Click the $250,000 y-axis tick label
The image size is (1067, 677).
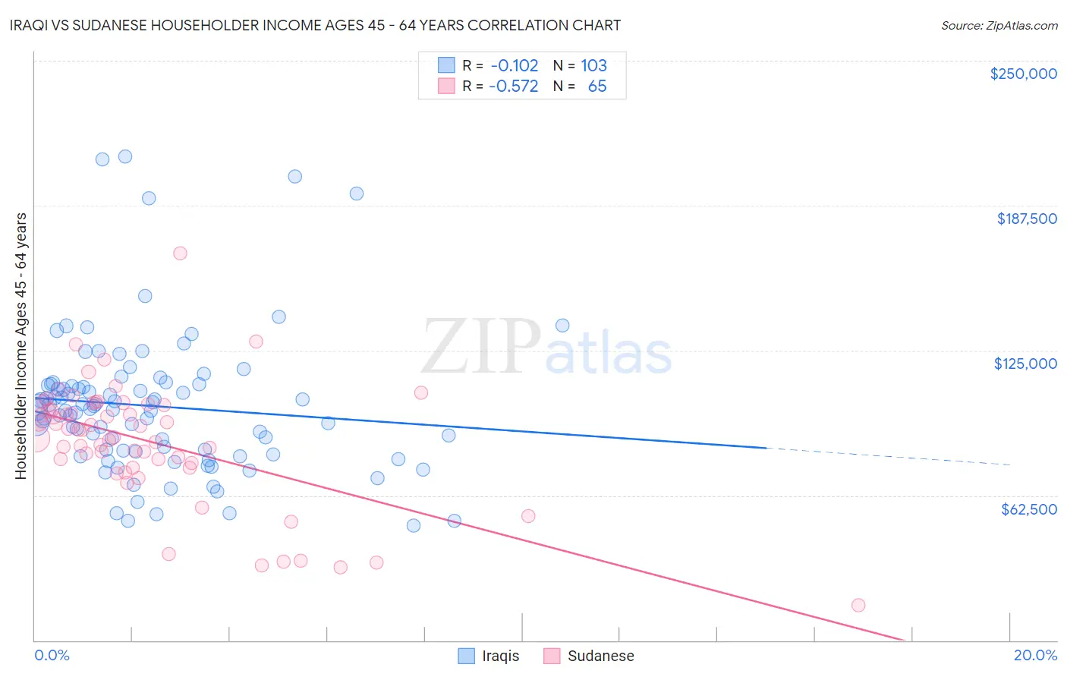click(1023, 74)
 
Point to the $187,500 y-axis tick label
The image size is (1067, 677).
click(1026, 219)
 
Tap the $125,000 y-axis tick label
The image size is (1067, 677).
click(1025, 364)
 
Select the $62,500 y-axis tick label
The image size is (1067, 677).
click(1028, 509)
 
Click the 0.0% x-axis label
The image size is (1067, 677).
click(52, 655)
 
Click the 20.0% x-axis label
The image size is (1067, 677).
click(1035, 655)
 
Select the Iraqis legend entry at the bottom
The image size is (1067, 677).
click(489, 656)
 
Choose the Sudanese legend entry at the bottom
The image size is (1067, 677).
click(589, 656)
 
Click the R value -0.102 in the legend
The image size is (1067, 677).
click(513, 65)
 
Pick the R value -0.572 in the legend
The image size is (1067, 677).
click(513, 86)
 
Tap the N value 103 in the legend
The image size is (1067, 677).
click(593, 65)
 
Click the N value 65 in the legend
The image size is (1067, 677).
click(597, 86)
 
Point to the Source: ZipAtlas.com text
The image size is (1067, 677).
click(999, 25)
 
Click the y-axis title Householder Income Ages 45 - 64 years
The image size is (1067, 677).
click(21, 346)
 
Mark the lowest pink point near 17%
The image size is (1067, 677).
click(858, 605)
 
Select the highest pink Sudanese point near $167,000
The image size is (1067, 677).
click(180, 253)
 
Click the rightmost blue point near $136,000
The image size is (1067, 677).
click(562, 326)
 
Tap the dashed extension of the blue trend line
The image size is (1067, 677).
click(888, 456)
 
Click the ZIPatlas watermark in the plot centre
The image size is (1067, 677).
click(546, 347)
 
